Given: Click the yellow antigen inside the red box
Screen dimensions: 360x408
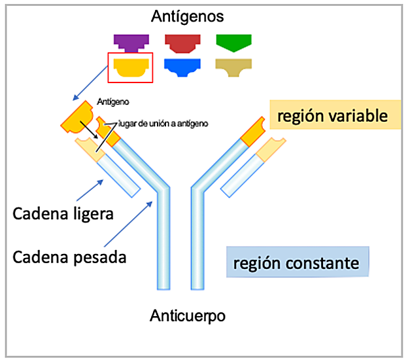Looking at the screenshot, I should [130, 67].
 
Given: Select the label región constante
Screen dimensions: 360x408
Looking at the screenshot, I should [297, 263].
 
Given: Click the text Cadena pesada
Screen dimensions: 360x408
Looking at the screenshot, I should [69, 256].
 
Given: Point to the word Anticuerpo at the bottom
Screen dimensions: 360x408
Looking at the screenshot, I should [188, 315].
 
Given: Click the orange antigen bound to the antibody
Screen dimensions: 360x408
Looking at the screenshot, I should [77, 118].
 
